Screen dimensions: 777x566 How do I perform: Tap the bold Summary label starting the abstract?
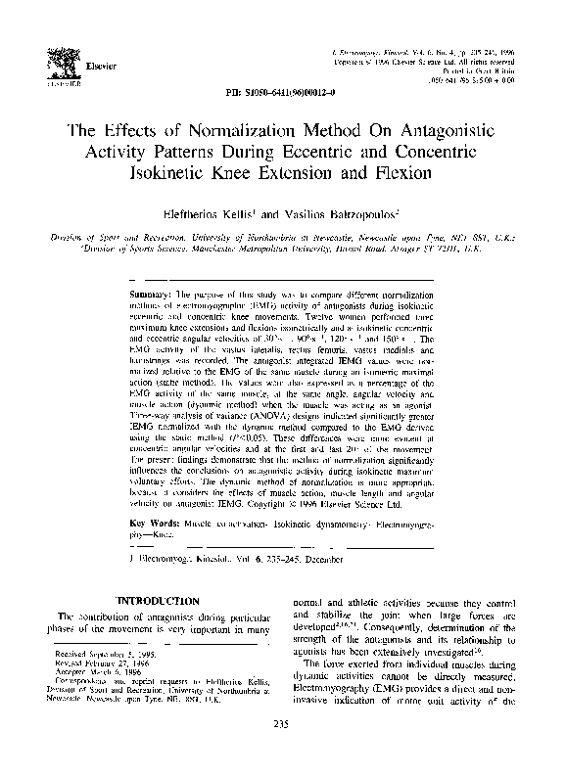click(x=152, y=295)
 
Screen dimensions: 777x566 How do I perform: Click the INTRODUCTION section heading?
click(x=157, y=599)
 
